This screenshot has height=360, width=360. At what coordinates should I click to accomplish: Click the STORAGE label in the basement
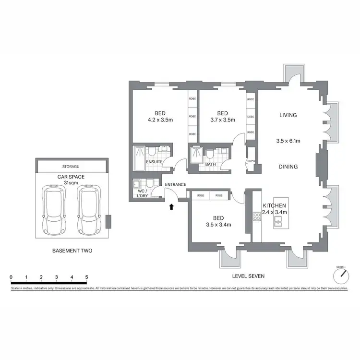tap(71, 167)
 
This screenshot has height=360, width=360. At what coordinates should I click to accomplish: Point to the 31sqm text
tap(71, 182)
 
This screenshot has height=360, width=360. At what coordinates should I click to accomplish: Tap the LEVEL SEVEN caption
tap(248, 276)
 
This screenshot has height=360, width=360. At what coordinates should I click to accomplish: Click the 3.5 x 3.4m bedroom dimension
tap(218, 224)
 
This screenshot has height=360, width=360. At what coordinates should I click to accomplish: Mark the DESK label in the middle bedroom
tap(250, 117)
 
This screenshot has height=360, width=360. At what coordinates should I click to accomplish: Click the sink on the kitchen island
tap(278, 221)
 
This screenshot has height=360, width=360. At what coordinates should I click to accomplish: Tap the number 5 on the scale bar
tap(87, 277)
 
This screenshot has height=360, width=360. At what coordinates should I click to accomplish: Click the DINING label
tap(288, 167)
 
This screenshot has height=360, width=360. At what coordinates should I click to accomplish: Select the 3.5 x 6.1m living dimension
tap(288, 141)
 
